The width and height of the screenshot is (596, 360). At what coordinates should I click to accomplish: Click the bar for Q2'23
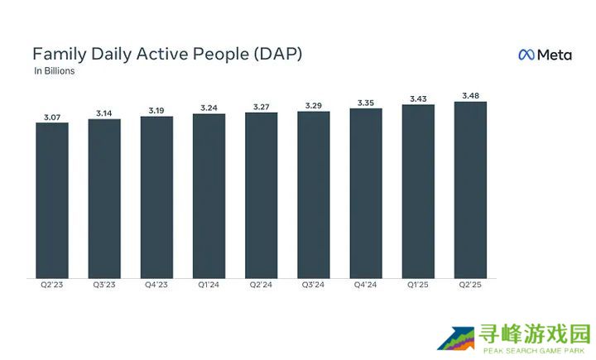point(52,200)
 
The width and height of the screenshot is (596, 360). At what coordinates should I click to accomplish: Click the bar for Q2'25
point(470,190)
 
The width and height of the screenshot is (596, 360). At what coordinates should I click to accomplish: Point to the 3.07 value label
point(52,117)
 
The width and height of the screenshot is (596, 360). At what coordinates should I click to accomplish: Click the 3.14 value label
point(104,113)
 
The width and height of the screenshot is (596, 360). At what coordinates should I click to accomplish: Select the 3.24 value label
point(209,108)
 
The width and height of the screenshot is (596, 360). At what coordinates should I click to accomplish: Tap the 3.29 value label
point(313,105)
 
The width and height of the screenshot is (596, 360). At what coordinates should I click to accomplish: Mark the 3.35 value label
point(366,102)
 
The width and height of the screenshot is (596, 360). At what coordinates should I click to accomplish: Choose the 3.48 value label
point(470,95)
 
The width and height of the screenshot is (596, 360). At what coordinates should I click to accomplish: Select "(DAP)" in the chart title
point(275,55)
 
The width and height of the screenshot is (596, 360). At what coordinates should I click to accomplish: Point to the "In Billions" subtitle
point(55,72)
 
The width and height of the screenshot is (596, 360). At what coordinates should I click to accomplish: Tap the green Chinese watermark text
point(534,334)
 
